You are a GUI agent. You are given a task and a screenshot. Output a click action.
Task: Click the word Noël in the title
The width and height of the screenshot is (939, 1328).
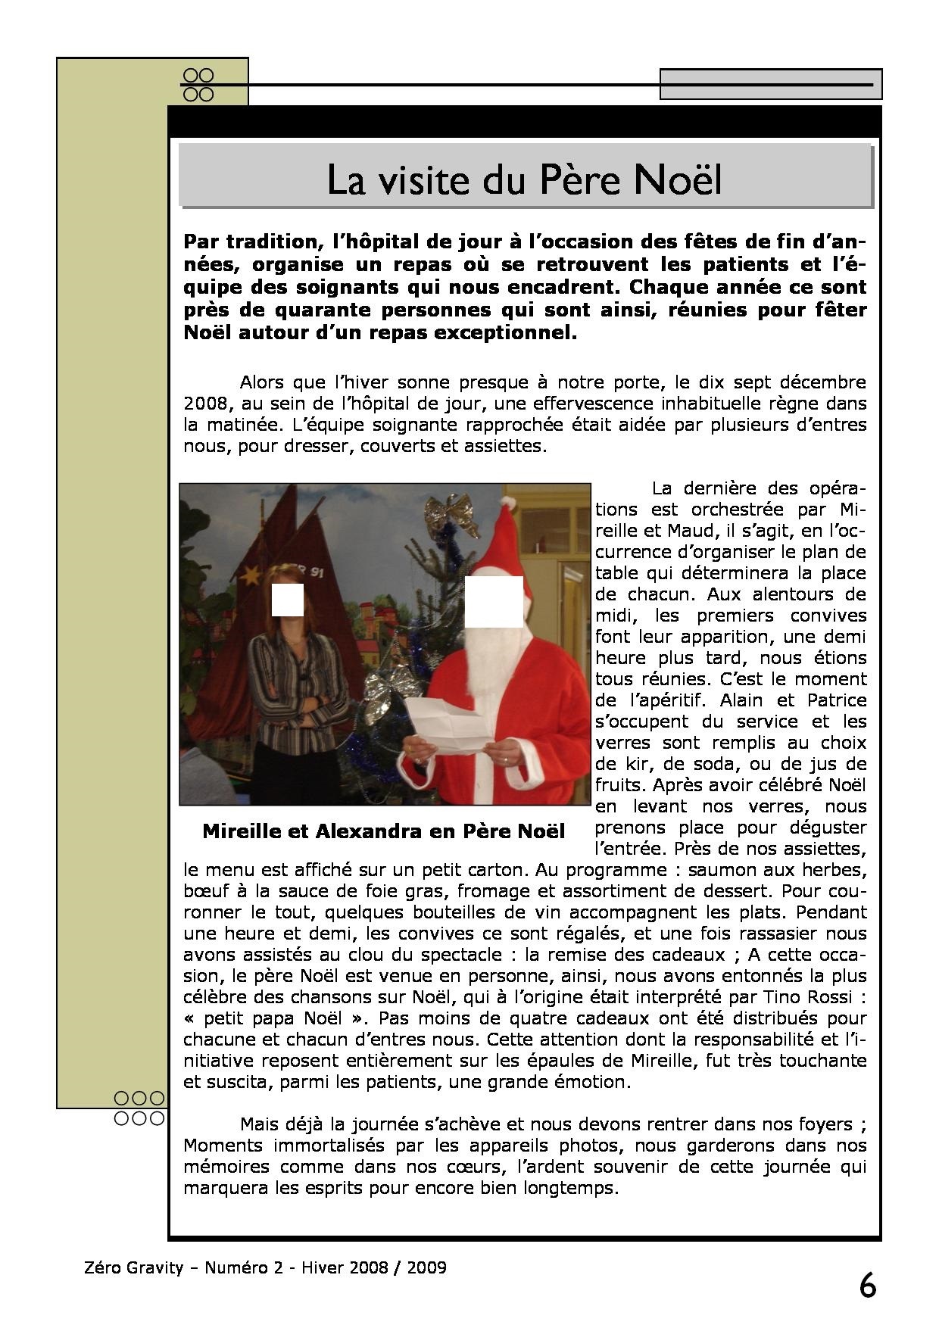pos(677,180)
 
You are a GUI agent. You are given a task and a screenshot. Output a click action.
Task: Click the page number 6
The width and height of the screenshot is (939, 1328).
pos(868,1286)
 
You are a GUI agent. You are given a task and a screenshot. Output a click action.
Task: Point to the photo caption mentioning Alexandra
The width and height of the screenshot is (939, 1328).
pos(383,831)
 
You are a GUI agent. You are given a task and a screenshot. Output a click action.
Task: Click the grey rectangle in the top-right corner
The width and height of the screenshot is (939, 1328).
pos(771,84)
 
